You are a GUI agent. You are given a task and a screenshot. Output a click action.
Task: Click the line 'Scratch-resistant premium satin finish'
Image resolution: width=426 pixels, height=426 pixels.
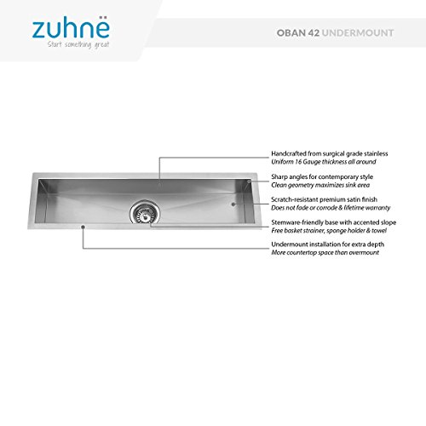pyautogui.click(x=318, y=199)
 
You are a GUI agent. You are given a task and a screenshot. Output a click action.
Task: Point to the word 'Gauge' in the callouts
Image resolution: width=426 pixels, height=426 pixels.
pyautogui.click(x=309, y=163)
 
